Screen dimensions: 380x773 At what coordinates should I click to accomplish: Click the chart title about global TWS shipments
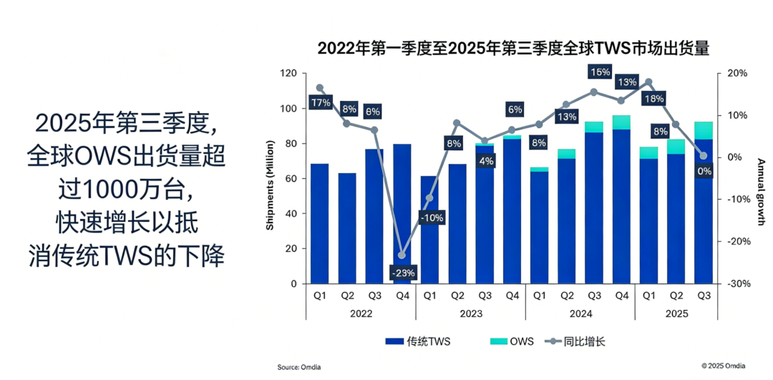(x=513, y=49)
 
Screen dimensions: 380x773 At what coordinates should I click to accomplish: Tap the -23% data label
(x=402, y=273)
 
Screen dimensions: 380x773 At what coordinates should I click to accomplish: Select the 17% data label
(x=320, y=102)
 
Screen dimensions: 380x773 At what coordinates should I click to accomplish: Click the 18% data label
(x=653, y=99)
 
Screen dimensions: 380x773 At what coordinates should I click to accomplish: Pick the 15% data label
(x=599, y=72)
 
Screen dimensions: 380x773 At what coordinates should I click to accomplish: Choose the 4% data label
(x=486, y=161)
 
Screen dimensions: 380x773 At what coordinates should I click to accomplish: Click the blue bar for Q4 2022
(x=402, y=215)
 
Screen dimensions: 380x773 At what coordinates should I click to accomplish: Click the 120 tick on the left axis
(x=288, y=73)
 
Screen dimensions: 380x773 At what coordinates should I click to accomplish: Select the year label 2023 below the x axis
(x=470, y=313)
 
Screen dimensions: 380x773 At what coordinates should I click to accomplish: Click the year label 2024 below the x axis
(x=580, y=313)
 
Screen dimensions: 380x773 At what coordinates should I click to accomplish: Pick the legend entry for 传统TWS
(x=419, y=341)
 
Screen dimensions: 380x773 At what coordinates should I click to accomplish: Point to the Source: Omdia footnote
(x=299, y=367)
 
